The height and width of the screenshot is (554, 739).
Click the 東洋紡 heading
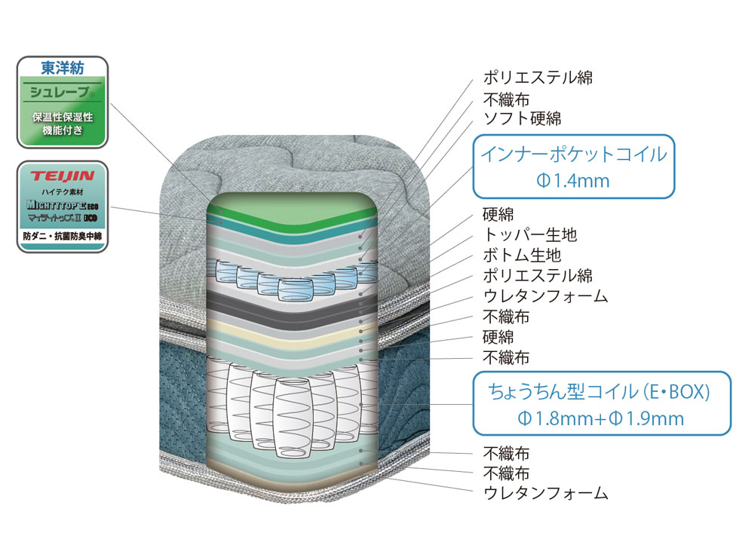62,69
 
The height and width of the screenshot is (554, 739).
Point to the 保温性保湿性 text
63,118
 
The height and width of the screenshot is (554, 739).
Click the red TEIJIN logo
62,176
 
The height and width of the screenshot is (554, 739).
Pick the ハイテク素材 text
62,192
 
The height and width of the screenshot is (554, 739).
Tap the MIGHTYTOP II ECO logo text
62,205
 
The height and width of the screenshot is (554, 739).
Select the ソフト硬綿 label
522,119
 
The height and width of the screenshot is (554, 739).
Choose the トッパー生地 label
530,235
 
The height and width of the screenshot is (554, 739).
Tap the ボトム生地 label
522,255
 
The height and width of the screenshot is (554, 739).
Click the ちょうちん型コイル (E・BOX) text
600,392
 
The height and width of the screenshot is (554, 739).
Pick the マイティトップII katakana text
54,218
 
